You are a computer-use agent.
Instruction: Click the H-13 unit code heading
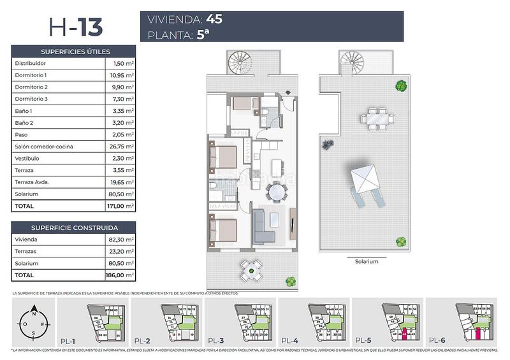(75, 27)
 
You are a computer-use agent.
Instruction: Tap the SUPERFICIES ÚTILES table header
(75, 52)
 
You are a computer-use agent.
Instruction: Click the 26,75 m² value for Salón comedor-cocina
(121, 147)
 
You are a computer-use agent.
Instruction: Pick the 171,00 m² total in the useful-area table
(121, 206)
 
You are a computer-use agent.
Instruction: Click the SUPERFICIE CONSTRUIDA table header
(75, 227)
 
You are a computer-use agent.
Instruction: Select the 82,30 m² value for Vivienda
(121, 240)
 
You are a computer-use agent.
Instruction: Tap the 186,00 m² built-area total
(121, 275)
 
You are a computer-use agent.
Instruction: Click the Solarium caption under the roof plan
(367, 261)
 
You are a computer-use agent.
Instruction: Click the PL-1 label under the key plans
(68, 341)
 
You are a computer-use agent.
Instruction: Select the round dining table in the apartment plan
(277, 192)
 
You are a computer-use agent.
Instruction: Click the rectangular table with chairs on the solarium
(376, 119)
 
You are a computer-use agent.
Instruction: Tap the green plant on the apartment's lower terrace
(290, 280)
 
